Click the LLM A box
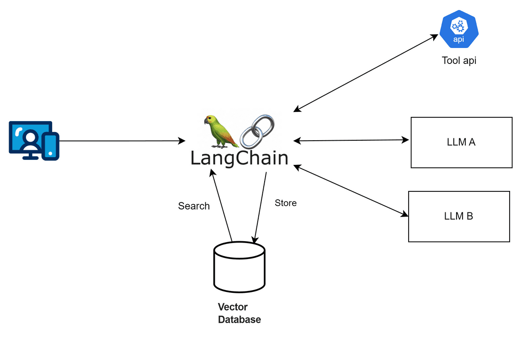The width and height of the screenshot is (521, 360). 461,142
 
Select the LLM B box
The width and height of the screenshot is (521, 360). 458,216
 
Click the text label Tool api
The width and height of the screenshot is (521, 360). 459,60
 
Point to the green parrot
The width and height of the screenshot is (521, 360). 219,131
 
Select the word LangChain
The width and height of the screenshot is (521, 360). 239,158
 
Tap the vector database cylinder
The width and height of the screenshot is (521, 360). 239,267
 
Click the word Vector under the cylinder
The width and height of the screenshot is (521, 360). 233,307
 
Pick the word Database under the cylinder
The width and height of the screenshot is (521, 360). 239,319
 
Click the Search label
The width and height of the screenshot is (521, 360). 194,206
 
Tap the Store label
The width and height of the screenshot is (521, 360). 286,203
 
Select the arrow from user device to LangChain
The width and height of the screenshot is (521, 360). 121,141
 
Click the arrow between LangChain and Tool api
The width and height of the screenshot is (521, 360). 366,73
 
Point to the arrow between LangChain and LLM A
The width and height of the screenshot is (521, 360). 351,141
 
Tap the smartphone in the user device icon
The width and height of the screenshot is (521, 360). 50,146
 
